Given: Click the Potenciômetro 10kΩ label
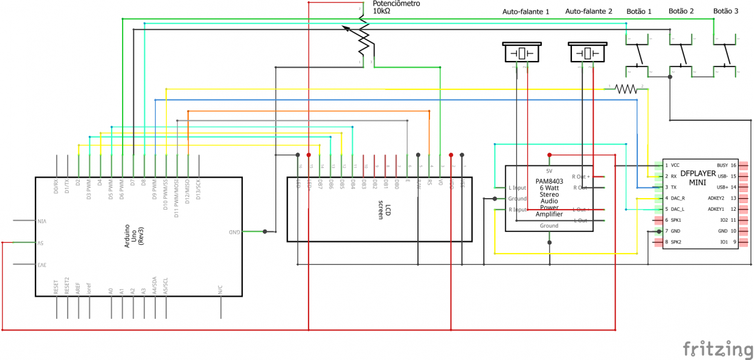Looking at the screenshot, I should coord(396,7).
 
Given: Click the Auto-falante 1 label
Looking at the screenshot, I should coord(525,11).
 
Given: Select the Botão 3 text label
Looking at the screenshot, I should coord(725,11).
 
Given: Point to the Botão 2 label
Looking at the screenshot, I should coord(681,11).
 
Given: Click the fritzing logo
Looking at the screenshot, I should coord(718,349).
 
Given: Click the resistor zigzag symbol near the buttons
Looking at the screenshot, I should coord(626,89).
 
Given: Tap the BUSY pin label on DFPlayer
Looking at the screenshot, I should coord(722,165).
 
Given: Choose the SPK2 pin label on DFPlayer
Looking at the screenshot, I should coord(676,242).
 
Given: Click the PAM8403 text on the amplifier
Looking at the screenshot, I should coord(548,181).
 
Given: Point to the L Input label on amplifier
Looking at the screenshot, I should coord(517,188).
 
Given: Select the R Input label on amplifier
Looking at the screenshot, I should coord(517,210).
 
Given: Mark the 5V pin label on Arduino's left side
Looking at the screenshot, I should coord(42,243).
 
